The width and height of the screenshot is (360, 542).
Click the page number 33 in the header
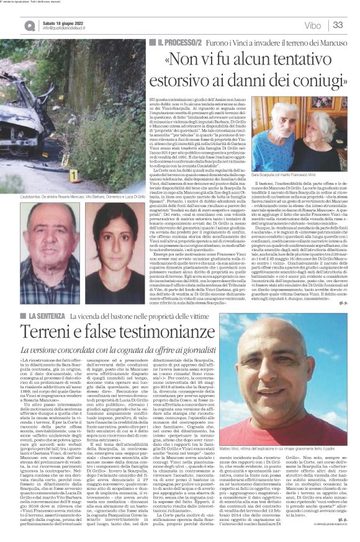coord(339,25)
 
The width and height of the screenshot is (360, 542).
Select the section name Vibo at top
coord(313,25)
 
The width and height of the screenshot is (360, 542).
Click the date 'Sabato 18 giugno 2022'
coord(65,22)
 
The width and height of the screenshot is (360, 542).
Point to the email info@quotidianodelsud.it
coord(70,29)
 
